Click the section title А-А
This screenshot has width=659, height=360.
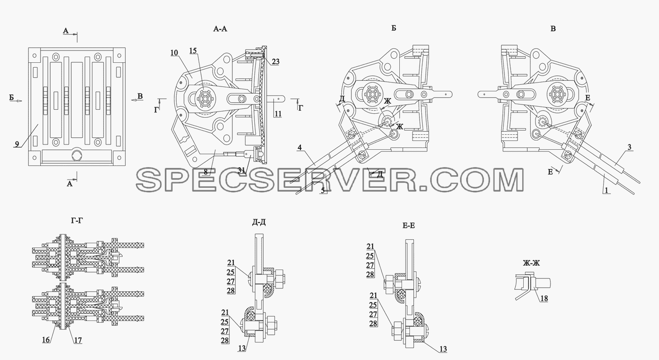coord(220,29)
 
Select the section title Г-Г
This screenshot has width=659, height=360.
coord(77,220)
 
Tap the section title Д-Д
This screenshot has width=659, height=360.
coord(259,223)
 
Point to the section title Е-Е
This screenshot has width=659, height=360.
coord(408,225)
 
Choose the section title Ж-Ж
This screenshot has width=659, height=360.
coord(531,263)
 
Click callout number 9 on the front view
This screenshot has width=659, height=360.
coord(17,144)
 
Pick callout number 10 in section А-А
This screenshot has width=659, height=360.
coord(174,53)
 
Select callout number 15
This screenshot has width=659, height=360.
coord(193,50)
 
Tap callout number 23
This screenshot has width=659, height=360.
coord(275,62)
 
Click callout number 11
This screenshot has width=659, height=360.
coord(278,114)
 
